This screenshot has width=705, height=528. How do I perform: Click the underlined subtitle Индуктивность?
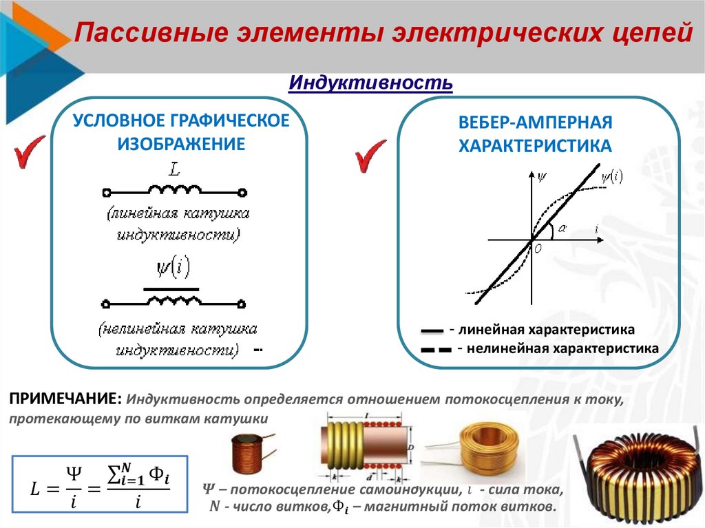click(x=370, y=83)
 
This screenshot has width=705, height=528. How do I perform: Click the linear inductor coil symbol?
click(x=175, y=191)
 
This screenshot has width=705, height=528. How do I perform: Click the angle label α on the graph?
click(x=562, y=229)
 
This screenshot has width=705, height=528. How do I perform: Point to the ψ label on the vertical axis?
click(x=543, y=176)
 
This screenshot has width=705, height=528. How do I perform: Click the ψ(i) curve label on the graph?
click(x=611, y=176)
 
